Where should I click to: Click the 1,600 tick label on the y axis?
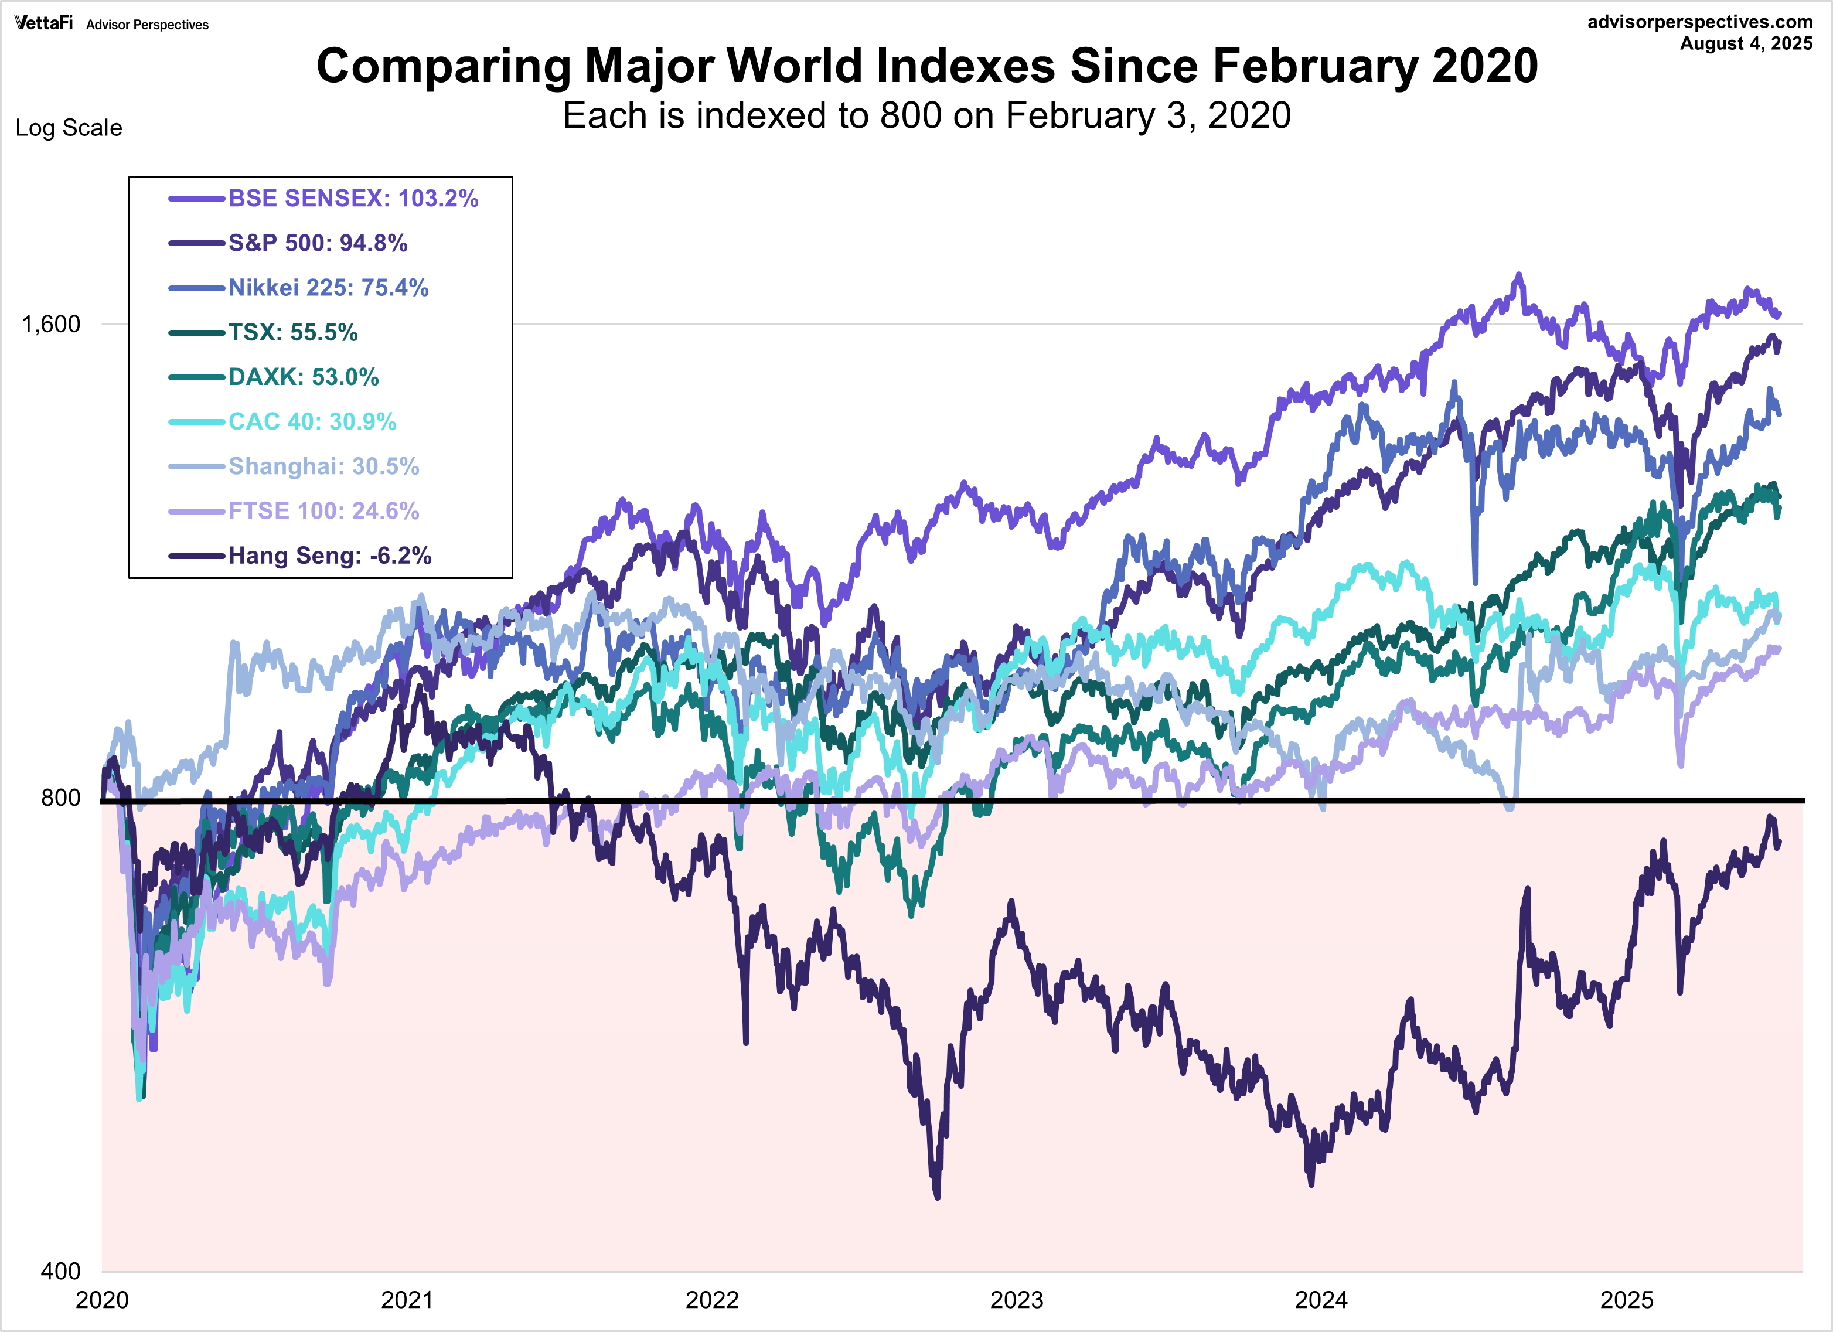click(51, 324)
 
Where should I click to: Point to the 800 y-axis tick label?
click(60, 798)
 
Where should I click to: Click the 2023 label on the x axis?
click(1017, 1300)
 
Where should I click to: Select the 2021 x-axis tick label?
click(407, 1300)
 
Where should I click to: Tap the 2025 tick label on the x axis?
click(1627, 1300)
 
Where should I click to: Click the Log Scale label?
click(69, 128)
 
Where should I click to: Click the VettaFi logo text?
click(43, 23)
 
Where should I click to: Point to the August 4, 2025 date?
click(1746, 43)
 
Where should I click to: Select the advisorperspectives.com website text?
click(1699, 22)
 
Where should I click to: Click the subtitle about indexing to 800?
click(926, 115)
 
